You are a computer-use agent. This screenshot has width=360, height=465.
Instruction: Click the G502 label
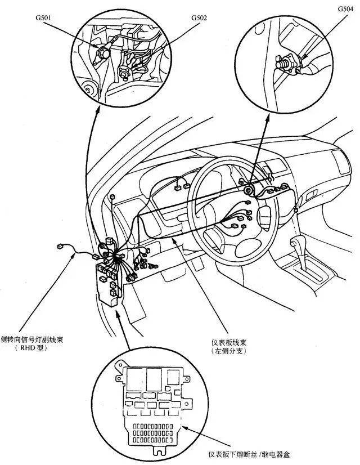pyautogui.click(x=199, y=17)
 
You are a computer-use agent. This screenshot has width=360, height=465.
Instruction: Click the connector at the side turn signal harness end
pyautogui.click(x=59, y=246)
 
